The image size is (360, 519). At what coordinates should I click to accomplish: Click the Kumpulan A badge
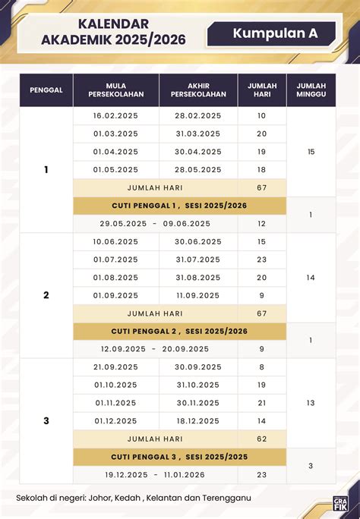point(275,33)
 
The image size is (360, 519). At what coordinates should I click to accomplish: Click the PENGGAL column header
point(46,90)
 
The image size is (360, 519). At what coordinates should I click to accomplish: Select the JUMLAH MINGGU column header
point(311,90)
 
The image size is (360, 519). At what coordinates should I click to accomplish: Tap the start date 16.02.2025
point(115,115)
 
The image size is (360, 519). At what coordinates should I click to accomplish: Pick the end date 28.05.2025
point(197,170)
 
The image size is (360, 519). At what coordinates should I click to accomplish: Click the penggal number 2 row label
point(46,295)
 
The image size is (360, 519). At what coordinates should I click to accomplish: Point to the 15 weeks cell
point(311,152)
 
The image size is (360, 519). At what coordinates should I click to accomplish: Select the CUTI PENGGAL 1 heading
point(180,206)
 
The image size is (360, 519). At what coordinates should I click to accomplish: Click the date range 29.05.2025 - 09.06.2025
point(155,224)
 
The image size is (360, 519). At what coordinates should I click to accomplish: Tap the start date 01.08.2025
point(115,277)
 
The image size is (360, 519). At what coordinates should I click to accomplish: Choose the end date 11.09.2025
point(197,295)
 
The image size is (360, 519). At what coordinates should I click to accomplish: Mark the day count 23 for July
point(262,259)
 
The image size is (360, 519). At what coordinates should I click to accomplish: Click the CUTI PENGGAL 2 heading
point(180,331)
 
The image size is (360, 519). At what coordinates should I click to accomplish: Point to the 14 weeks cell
point(311,278)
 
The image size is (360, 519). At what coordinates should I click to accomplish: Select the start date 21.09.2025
point(115,366)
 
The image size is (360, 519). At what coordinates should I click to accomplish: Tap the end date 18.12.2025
point(197,420)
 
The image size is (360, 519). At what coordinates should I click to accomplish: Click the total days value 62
point(262,439)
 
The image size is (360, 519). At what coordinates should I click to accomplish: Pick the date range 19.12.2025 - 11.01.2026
point(155,475)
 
